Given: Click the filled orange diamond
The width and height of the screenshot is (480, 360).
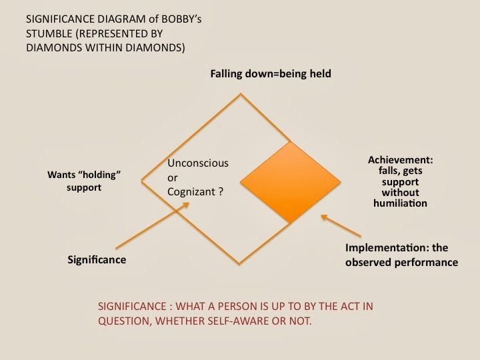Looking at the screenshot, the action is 289,181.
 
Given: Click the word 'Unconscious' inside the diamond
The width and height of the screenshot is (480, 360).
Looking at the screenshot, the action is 197,163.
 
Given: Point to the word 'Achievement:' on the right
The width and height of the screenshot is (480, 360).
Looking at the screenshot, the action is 399,160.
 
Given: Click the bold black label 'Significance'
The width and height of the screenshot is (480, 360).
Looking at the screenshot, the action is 97,259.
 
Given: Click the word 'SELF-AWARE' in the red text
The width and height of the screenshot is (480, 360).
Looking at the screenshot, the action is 227,321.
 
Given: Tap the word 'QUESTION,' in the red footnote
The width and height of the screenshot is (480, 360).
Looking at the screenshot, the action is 125,321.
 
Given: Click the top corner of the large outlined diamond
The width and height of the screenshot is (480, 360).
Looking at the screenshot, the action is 240,94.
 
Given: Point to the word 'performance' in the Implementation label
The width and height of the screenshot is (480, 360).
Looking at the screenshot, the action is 427,263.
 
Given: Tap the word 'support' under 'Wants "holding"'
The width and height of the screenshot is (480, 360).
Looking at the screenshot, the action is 84,189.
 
